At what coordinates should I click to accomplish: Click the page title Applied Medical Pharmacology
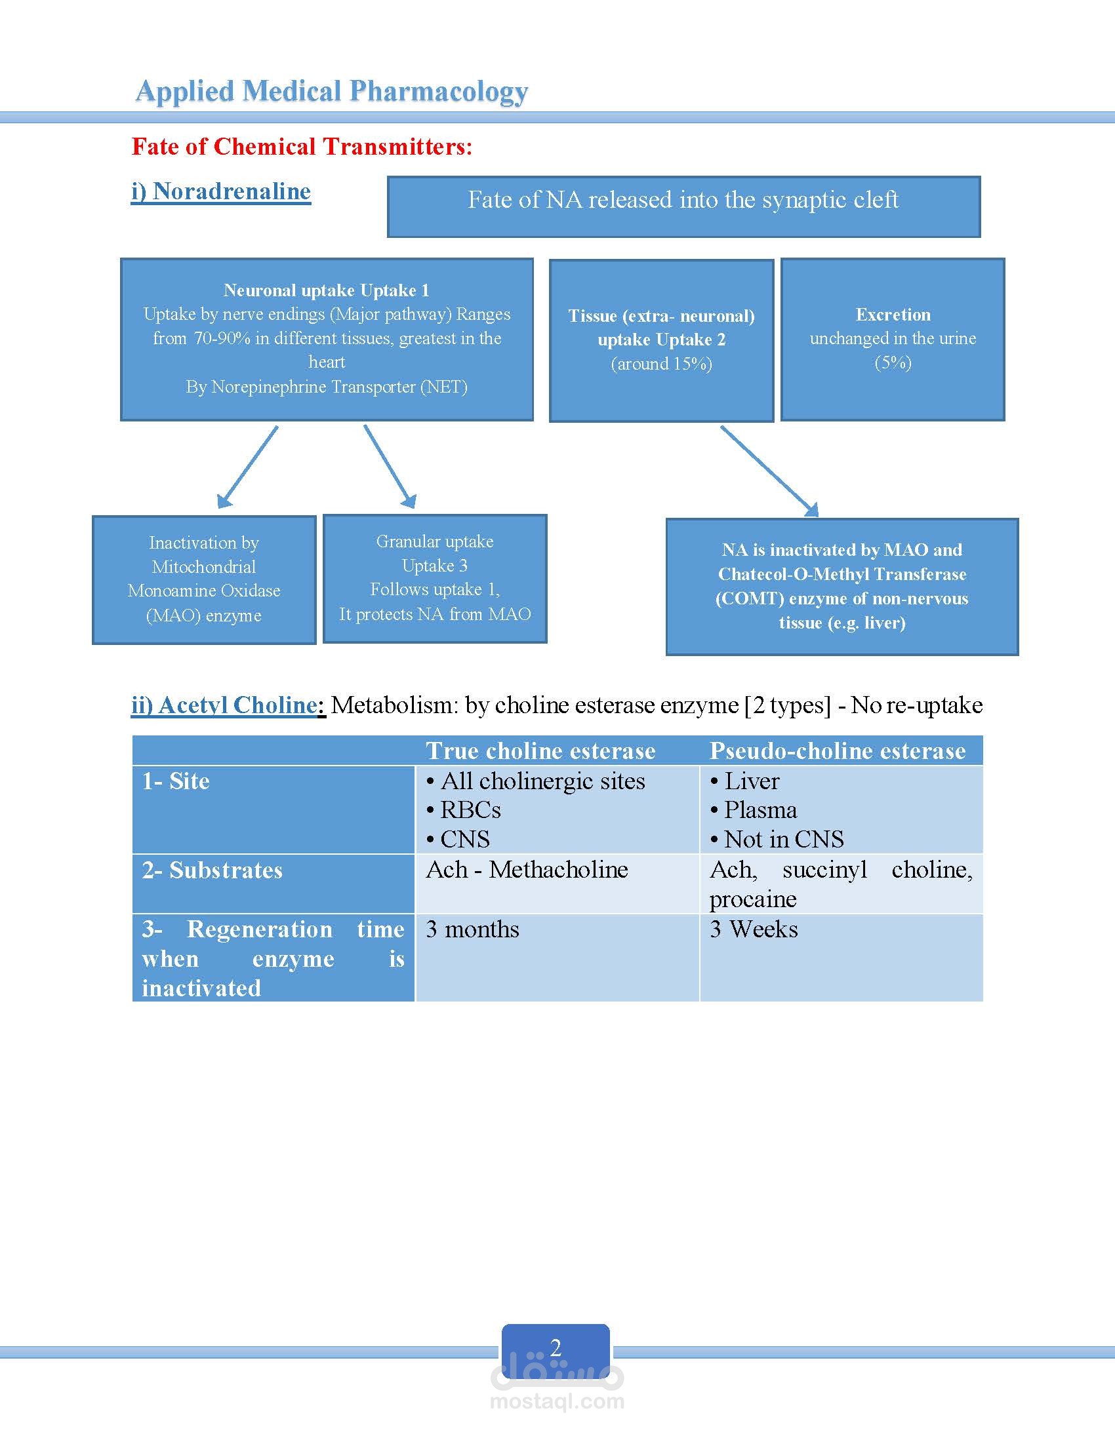click(332, 92)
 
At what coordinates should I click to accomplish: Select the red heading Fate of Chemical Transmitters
click(302, 147)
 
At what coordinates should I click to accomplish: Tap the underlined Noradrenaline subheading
click(220, 191)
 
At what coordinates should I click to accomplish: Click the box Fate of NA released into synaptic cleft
click(683, 206)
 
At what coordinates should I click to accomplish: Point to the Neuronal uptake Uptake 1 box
click(327, 340)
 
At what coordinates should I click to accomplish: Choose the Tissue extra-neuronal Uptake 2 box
click(661, 341)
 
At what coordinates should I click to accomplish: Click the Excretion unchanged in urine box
click(893, 340)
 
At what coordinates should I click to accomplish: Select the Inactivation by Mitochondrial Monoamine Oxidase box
click(204, 579)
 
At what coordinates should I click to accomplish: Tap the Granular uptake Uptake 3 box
click(435, 578)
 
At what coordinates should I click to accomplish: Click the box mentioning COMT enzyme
click(842, 587)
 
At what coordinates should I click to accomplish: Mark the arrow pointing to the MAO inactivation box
click(248, 467)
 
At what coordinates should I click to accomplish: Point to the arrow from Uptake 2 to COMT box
click(769, 471)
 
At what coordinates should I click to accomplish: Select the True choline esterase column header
click(540, 750)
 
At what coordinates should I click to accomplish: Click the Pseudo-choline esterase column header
click(837, 750)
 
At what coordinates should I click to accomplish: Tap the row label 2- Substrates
click(212, 870)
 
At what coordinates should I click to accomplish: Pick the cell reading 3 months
click(472, 929)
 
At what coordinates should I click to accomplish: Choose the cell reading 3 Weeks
click(754, 929)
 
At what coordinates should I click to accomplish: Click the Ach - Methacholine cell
click(527, 870)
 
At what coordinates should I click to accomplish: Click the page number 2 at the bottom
click(556, 1347)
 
